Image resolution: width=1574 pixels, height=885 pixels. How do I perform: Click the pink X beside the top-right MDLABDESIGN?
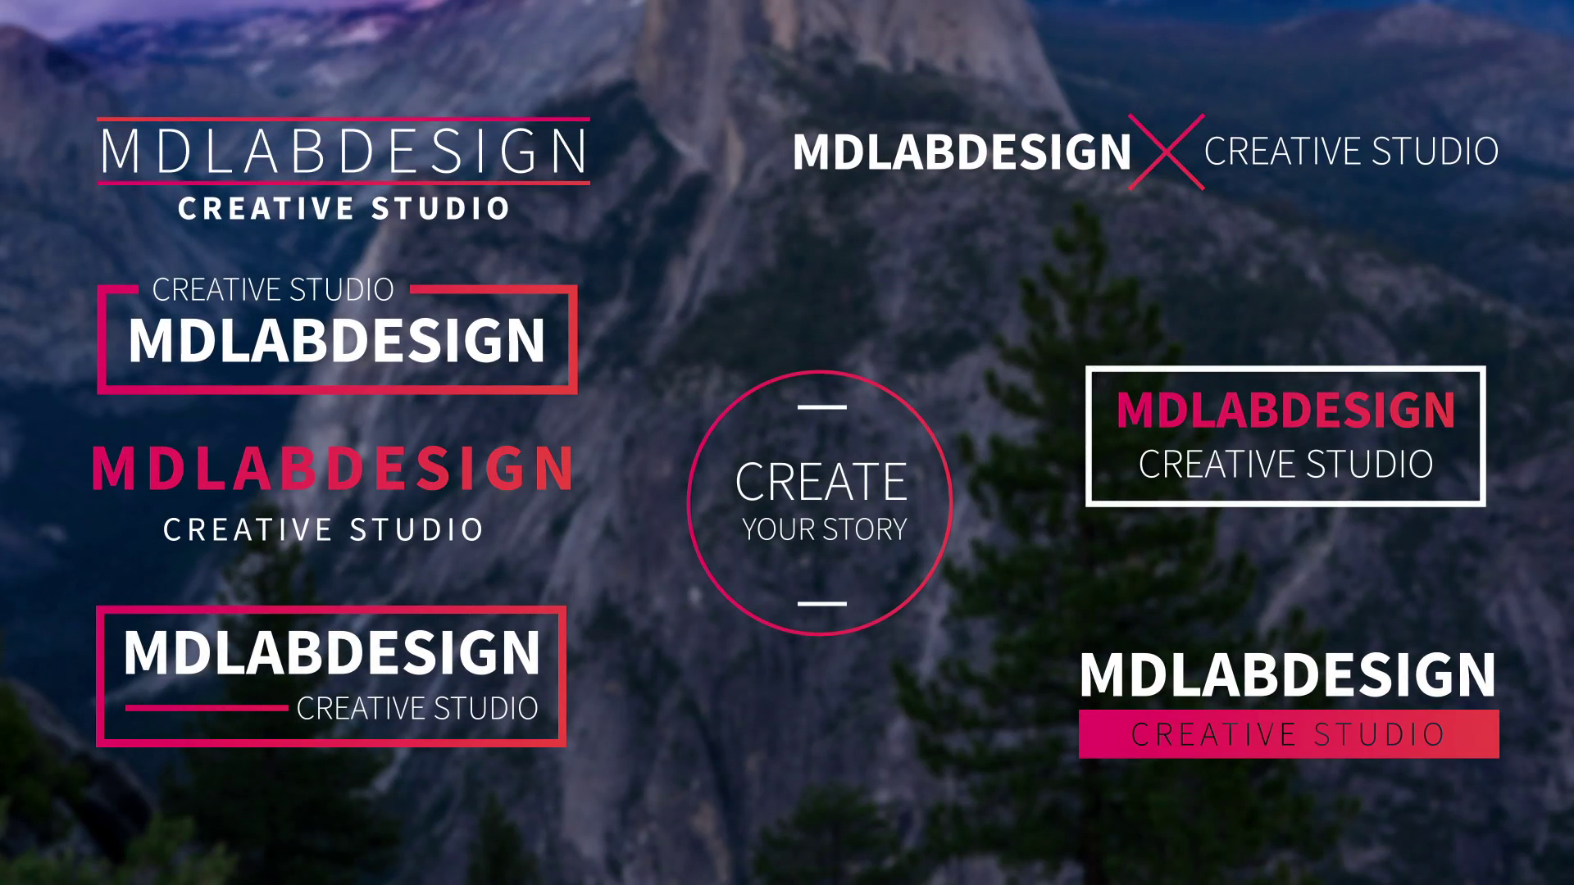click(x=1167, y=152)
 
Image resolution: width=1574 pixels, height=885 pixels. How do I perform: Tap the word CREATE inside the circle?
click(x=821, y=482)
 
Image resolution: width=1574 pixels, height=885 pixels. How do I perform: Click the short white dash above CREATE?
click(x=821, y=406)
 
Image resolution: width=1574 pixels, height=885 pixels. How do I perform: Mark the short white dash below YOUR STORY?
click(x=821, y=604)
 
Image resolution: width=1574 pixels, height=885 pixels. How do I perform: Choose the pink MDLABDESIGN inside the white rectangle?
click(x=1285, y=410)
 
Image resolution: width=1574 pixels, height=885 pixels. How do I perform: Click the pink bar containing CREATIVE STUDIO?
click(x=1288, y=734)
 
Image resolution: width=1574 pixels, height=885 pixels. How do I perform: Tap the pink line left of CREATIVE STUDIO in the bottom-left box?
click(x=207, y=708)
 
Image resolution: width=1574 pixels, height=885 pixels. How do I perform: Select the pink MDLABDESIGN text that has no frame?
click(x=333, y=469)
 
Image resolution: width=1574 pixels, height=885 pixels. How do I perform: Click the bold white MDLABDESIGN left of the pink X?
click(x=962, y=152)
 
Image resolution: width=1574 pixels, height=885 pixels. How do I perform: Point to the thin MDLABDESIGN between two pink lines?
click(x=343, y=152)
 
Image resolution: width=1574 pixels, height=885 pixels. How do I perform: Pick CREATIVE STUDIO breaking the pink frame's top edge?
click(x=273, y=289)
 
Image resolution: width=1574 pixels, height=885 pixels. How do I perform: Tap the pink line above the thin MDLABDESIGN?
click(x=343, y=120)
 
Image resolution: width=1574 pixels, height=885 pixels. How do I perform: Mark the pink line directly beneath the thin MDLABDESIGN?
click(x=343, y=183)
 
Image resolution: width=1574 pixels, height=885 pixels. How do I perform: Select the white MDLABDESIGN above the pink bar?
click(x=1288, y=675)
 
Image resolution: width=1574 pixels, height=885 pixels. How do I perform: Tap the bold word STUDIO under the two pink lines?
click(x=440, y=209)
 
